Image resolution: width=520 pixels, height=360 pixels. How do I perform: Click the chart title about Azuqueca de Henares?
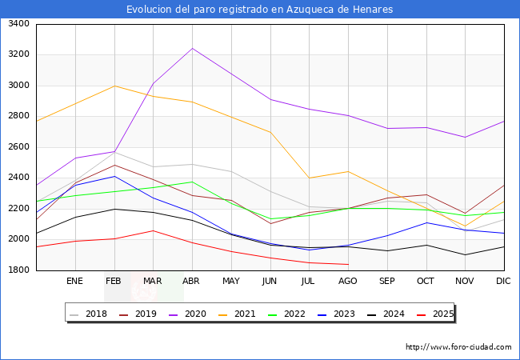pyautogui.click(x=260, y=10)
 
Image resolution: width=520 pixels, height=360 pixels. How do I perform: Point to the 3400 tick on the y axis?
pyautogui.click(x=18, y=24)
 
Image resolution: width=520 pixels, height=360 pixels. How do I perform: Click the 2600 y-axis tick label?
pyautogui.click(x=18, y=147)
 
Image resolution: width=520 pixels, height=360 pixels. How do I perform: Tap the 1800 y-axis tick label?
pyautogui.click(x=18, y=270)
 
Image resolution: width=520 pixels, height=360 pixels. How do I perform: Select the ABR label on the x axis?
pyautogui.click(x=192, y=281)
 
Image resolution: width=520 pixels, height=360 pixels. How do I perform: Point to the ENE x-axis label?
pyautogui.click(x=74, y=281)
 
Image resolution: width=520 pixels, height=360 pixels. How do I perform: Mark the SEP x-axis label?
pyautogui.click(x=387, y=281)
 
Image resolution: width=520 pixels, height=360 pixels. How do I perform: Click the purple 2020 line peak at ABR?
pyautogui.click(x=192, y=48)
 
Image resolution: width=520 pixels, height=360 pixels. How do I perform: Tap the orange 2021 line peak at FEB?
pyautogui.click(x=114, y=86)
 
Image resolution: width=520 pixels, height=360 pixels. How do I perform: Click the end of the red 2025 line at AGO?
pyautogui.click(x=348, y=264)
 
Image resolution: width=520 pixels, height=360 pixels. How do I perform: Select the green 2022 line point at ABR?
pyautogui.click(x=192, y=182)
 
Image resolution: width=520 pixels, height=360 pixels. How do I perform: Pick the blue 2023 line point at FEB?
pyautogui.click(x=114, y=176)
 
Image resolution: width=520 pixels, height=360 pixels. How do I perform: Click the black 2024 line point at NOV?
pyautogui.click(x=465, y=255)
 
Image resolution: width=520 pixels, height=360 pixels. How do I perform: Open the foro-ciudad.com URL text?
pyautogui.click(x=458, y=347)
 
